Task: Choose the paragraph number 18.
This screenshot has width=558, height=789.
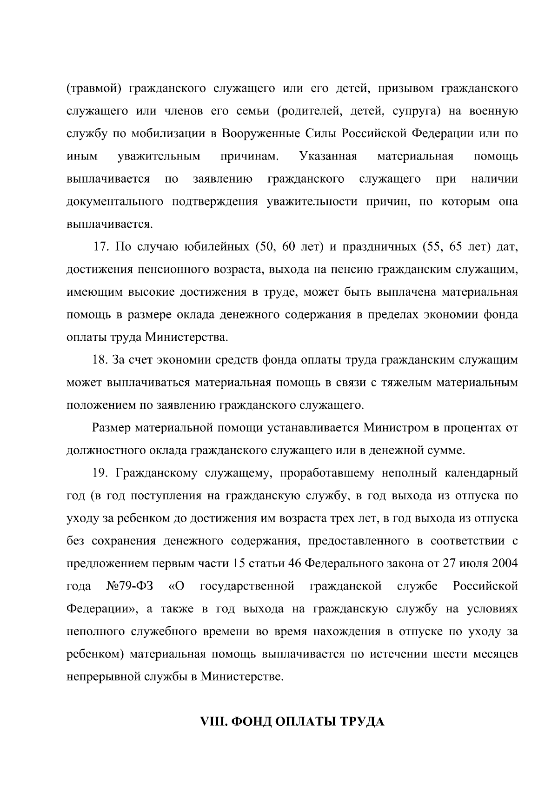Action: (x=101, y=360)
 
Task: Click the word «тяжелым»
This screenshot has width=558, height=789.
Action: (x=404, y=383)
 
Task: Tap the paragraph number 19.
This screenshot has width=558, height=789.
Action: (x=101, y=473)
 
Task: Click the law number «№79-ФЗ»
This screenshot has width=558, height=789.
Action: (x=129, y=586)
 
